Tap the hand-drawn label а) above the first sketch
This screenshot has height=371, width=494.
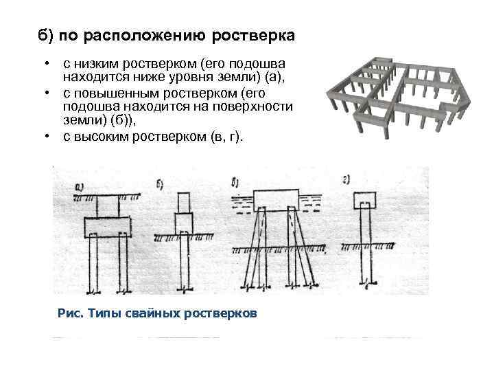click(79, 185)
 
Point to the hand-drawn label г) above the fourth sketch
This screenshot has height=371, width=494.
click(347, 180)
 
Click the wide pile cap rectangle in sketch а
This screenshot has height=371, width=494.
click(107, 226)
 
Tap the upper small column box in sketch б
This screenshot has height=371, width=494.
click(184, 202)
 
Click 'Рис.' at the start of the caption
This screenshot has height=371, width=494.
click(70, 314)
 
